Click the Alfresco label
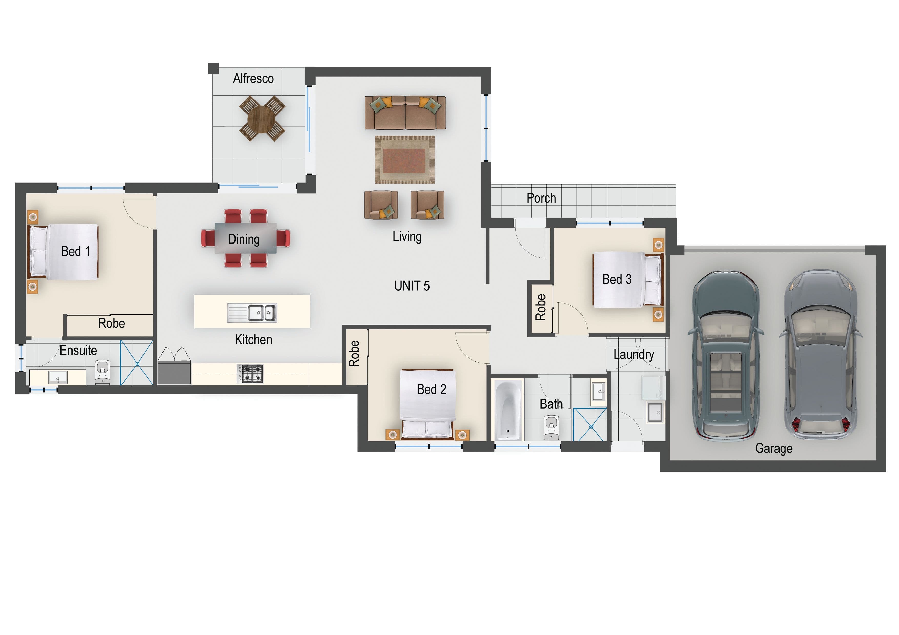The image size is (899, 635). coord(253,79)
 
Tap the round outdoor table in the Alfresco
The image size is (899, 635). coord(262,118)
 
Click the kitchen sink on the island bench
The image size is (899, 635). coord(252,313)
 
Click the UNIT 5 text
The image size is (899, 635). coord(412,286)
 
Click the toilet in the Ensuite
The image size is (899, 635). coord(102,372)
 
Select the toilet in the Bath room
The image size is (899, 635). coord(551,428)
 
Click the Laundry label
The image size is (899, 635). coord(634,354)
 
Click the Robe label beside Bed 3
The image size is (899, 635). coord(541,307)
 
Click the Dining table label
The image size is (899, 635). coord(244,239)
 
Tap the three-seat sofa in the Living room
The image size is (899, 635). coord(405,113)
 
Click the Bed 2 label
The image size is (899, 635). coord(432,389)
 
